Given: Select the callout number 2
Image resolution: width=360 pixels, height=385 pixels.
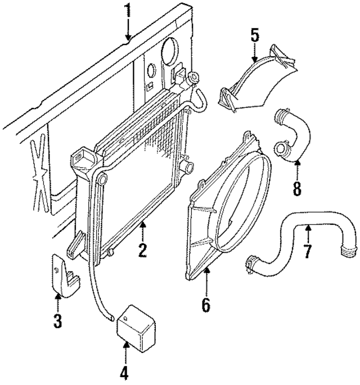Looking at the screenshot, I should (142, 249).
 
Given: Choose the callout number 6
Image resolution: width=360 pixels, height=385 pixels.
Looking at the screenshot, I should (205, 305).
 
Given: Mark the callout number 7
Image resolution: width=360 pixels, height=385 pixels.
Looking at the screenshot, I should (307, 251).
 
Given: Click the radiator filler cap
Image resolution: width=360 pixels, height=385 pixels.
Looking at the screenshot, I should (195, 79).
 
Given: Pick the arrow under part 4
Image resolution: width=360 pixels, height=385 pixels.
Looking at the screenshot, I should (124, 351).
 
